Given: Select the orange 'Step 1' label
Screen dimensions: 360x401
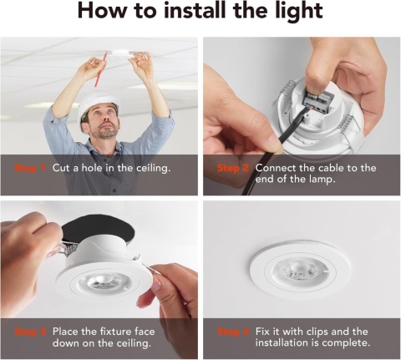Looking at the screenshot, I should pyautogui.click(x=31, y=168).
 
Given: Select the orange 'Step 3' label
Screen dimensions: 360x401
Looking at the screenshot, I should pyautogui.click(x=31, y=332).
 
